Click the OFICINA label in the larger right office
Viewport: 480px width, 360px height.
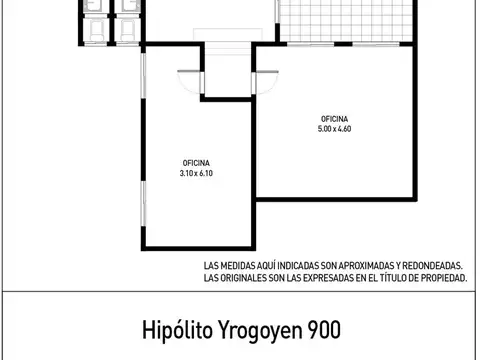point(334,117)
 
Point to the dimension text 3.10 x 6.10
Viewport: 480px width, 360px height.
point(196,172)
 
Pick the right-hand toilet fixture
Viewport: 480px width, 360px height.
point(127,31)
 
